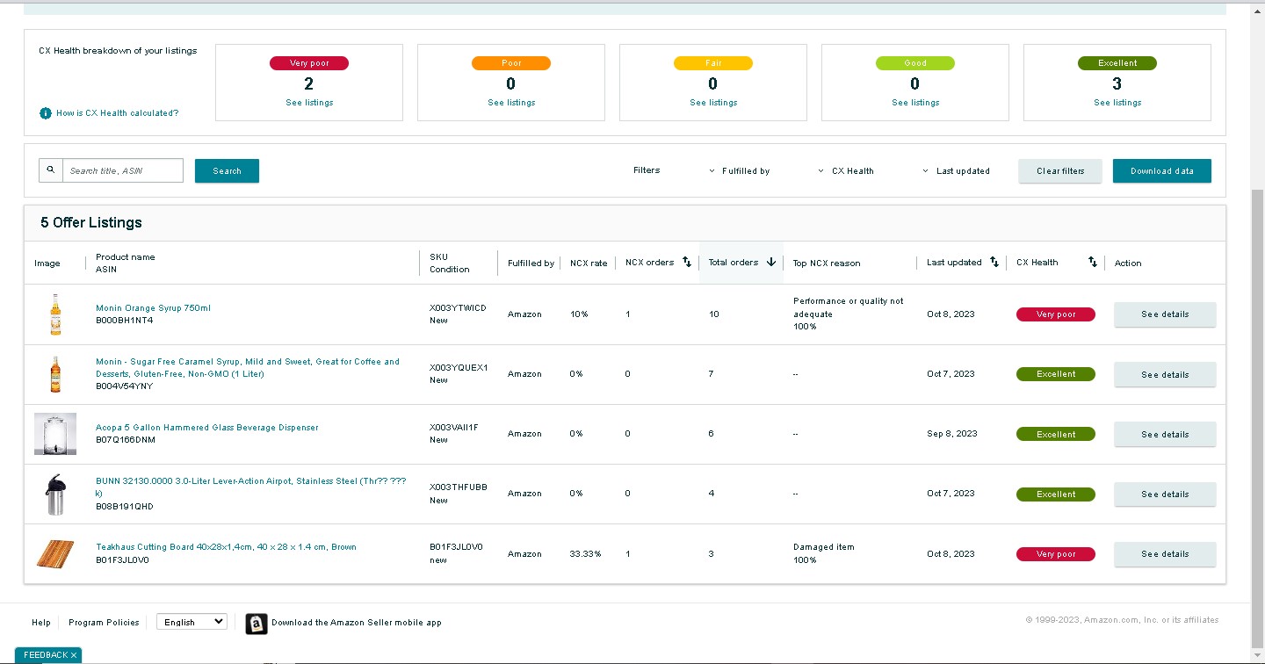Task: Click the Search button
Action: [x=227, y=171]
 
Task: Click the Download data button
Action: [x=1161, y=171]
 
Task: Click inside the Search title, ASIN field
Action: [x=123, y=170]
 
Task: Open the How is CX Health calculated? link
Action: [x=117, y=113]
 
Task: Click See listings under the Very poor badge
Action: [x=309, y=102]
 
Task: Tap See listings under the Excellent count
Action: [x=1117, y=102]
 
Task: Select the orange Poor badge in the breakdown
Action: [x=511, y=63]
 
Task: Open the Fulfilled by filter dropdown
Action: [x=740, y=171]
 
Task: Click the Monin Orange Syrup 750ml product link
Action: [x=153, y=307]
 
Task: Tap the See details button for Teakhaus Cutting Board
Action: [x=1165, y=554]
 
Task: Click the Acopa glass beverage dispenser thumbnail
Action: [x=55, y=434]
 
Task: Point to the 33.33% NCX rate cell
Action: [x=585, y=554]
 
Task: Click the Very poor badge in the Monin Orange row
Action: [x=1056, y=314]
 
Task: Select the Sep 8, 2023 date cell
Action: [x=951, y=434]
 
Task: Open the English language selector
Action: [x=192, y=622]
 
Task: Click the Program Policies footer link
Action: [x=104, y=622]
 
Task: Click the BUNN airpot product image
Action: [x=55, y=494]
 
